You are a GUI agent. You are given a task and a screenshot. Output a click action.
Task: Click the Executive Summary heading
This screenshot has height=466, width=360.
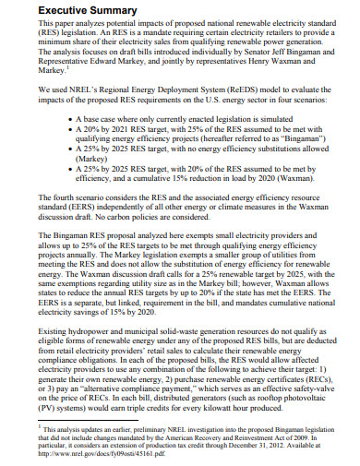(68, 11)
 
